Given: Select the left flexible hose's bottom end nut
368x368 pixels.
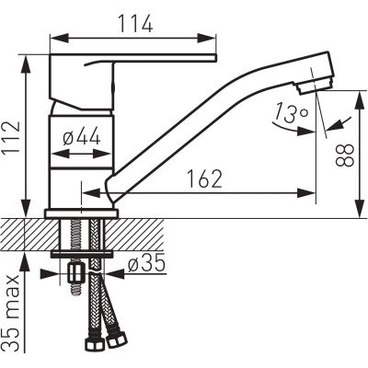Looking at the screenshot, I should (x=93, y=348).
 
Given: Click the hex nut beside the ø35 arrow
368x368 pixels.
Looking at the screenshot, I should (x=76, y=273).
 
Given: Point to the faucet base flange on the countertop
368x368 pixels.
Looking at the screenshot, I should (x=81, y=213).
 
